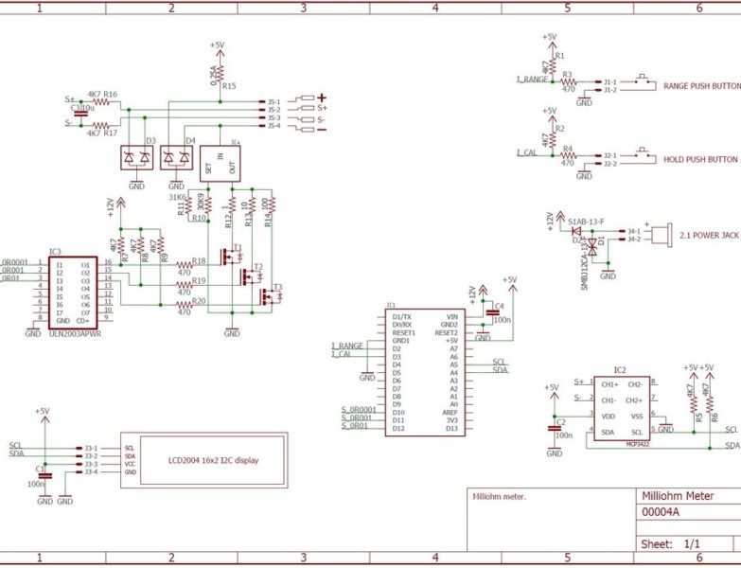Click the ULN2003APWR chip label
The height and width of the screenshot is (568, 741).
point(75,332)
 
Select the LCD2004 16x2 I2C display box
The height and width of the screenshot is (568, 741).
point(205,459)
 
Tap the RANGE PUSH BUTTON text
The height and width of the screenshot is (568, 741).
point(701,84)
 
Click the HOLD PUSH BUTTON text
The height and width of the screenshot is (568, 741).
point(700,159)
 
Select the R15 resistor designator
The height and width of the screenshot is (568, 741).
point(229,86)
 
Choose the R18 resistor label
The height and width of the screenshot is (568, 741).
point(199,260)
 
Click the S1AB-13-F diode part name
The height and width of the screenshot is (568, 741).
point(587,221)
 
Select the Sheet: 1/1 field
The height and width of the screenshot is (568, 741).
point(671,544)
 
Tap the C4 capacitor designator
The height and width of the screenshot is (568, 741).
point(500,307)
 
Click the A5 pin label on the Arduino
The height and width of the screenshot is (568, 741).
point(453,364)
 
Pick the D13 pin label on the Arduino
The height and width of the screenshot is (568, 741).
point(451,429)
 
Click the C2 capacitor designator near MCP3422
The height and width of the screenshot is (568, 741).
point(561,421)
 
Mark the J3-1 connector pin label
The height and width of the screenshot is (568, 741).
point(91,447)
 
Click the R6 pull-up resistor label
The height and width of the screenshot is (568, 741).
point(715,417)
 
